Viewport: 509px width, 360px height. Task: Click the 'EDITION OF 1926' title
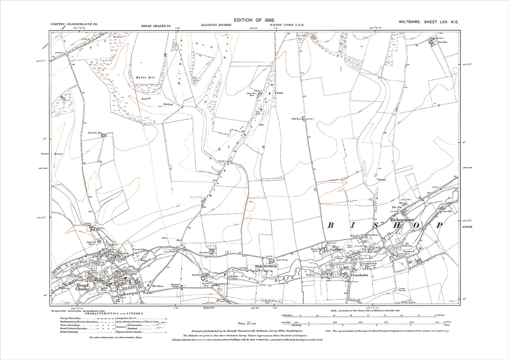tap(254, 21)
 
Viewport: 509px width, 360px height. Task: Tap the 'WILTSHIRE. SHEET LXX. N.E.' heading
tap(428, 22)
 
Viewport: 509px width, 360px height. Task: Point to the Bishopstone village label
tap(402, 220)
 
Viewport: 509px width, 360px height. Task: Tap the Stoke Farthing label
tap(266, 267)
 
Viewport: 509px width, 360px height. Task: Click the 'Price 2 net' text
tap(248, 323)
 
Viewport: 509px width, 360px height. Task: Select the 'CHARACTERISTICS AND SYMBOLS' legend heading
tap(117, 313)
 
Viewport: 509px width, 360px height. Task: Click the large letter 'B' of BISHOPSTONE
tap(330, 225)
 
